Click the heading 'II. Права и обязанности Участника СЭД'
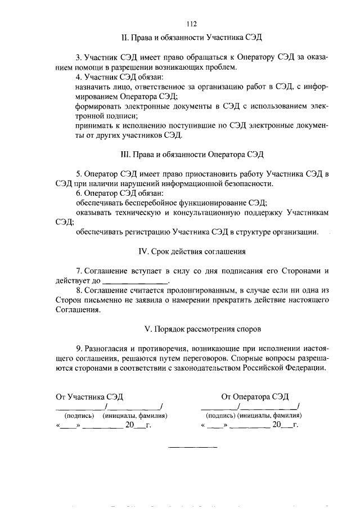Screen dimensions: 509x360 tap(191, 37)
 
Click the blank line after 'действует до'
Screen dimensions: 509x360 tap(136, 280)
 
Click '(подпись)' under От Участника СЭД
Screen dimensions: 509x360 tap(79, 416)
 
